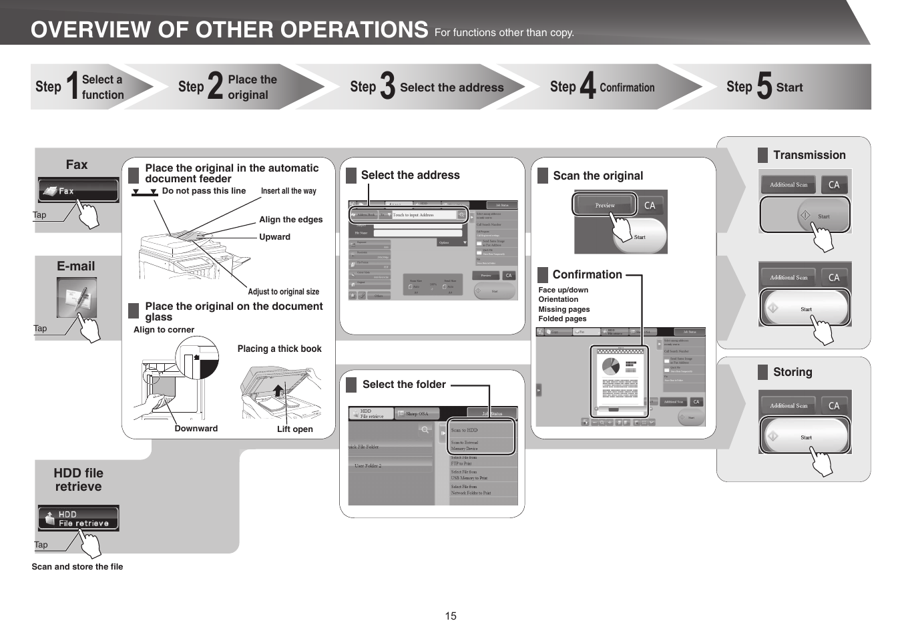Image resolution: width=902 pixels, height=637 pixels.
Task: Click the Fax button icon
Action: tap(77, 190)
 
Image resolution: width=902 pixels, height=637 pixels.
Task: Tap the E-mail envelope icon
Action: tap(76, 297)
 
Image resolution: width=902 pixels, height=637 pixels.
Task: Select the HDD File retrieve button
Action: tap(78, 518)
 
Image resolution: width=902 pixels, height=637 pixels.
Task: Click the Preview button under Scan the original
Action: tap(605, 206)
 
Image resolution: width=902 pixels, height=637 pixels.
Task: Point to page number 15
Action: tap(451, 616)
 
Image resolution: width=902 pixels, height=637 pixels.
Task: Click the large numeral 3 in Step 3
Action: tap(387, 87)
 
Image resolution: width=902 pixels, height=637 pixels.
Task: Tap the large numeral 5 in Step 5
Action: tap(764, 87)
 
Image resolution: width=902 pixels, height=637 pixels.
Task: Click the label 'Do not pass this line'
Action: tap(204, 191)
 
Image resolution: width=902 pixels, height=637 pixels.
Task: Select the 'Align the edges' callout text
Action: tap(290, 220)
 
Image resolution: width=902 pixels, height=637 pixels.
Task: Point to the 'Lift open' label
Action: tap(294, 429)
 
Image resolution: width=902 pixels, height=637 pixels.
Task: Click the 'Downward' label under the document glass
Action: tap(196, 429)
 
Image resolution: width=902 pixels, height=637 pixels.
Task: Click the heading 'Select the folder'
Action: tap(404, 385)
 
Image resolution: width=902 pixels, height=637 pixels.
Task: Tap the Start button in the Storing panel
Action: tap(806, 437)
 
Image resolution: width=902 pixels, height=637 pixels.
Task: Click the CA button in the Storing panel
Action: tap(834, 405)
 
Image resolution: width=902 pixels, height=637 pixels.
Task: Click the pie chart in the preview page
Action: tap(610, 367)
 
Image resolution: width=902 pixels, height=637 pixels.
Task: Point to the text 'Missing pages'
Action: tap(564, 309)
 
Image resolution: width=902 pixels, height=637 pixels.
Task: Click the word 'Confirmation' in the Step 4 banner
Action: tap(627, 87)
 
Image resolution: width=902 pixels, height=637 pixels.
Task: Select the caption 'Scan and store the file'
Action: tap(77, 567)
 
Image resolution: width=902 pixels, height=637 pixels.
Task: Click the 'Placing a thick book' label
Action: tap(279, 349)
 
